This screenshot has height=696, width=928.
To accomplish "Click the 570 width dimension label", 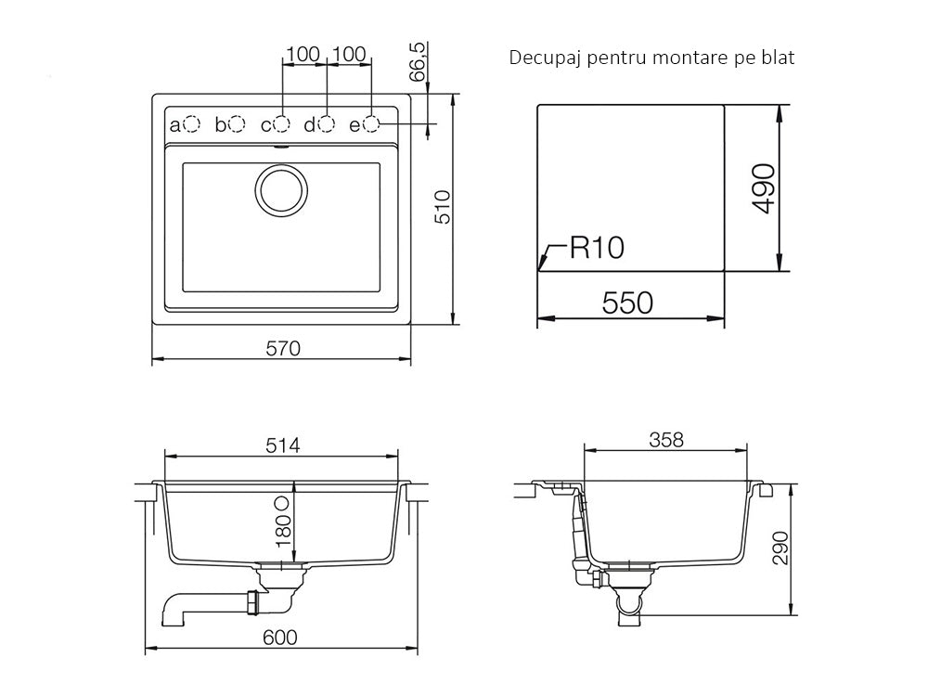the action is click(283, 349).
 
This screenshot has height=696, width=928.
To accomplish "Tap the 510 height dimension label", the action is click(443, 207).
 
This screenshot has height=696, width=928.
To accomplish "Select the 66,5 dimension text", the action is click(418, 61).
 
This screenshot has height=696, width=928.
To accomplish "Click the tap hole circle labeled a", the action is click(192, 124).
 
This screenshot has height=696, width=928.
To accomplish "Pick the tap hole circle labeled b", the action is click(237, 124).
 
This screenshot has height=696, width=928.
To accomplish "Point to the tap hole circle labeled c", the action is click(282, 124).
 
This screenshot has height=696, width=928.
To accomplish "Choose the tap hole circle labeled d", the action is click(326, 124).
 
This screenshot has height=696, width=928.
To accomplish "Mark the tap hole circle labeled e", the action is click(371, 124).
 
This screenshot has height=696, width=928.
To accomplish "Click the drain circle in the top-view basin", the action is click(281, 190).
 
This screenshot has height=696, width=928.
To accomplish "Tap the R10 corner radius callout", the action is click(597, 248).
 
